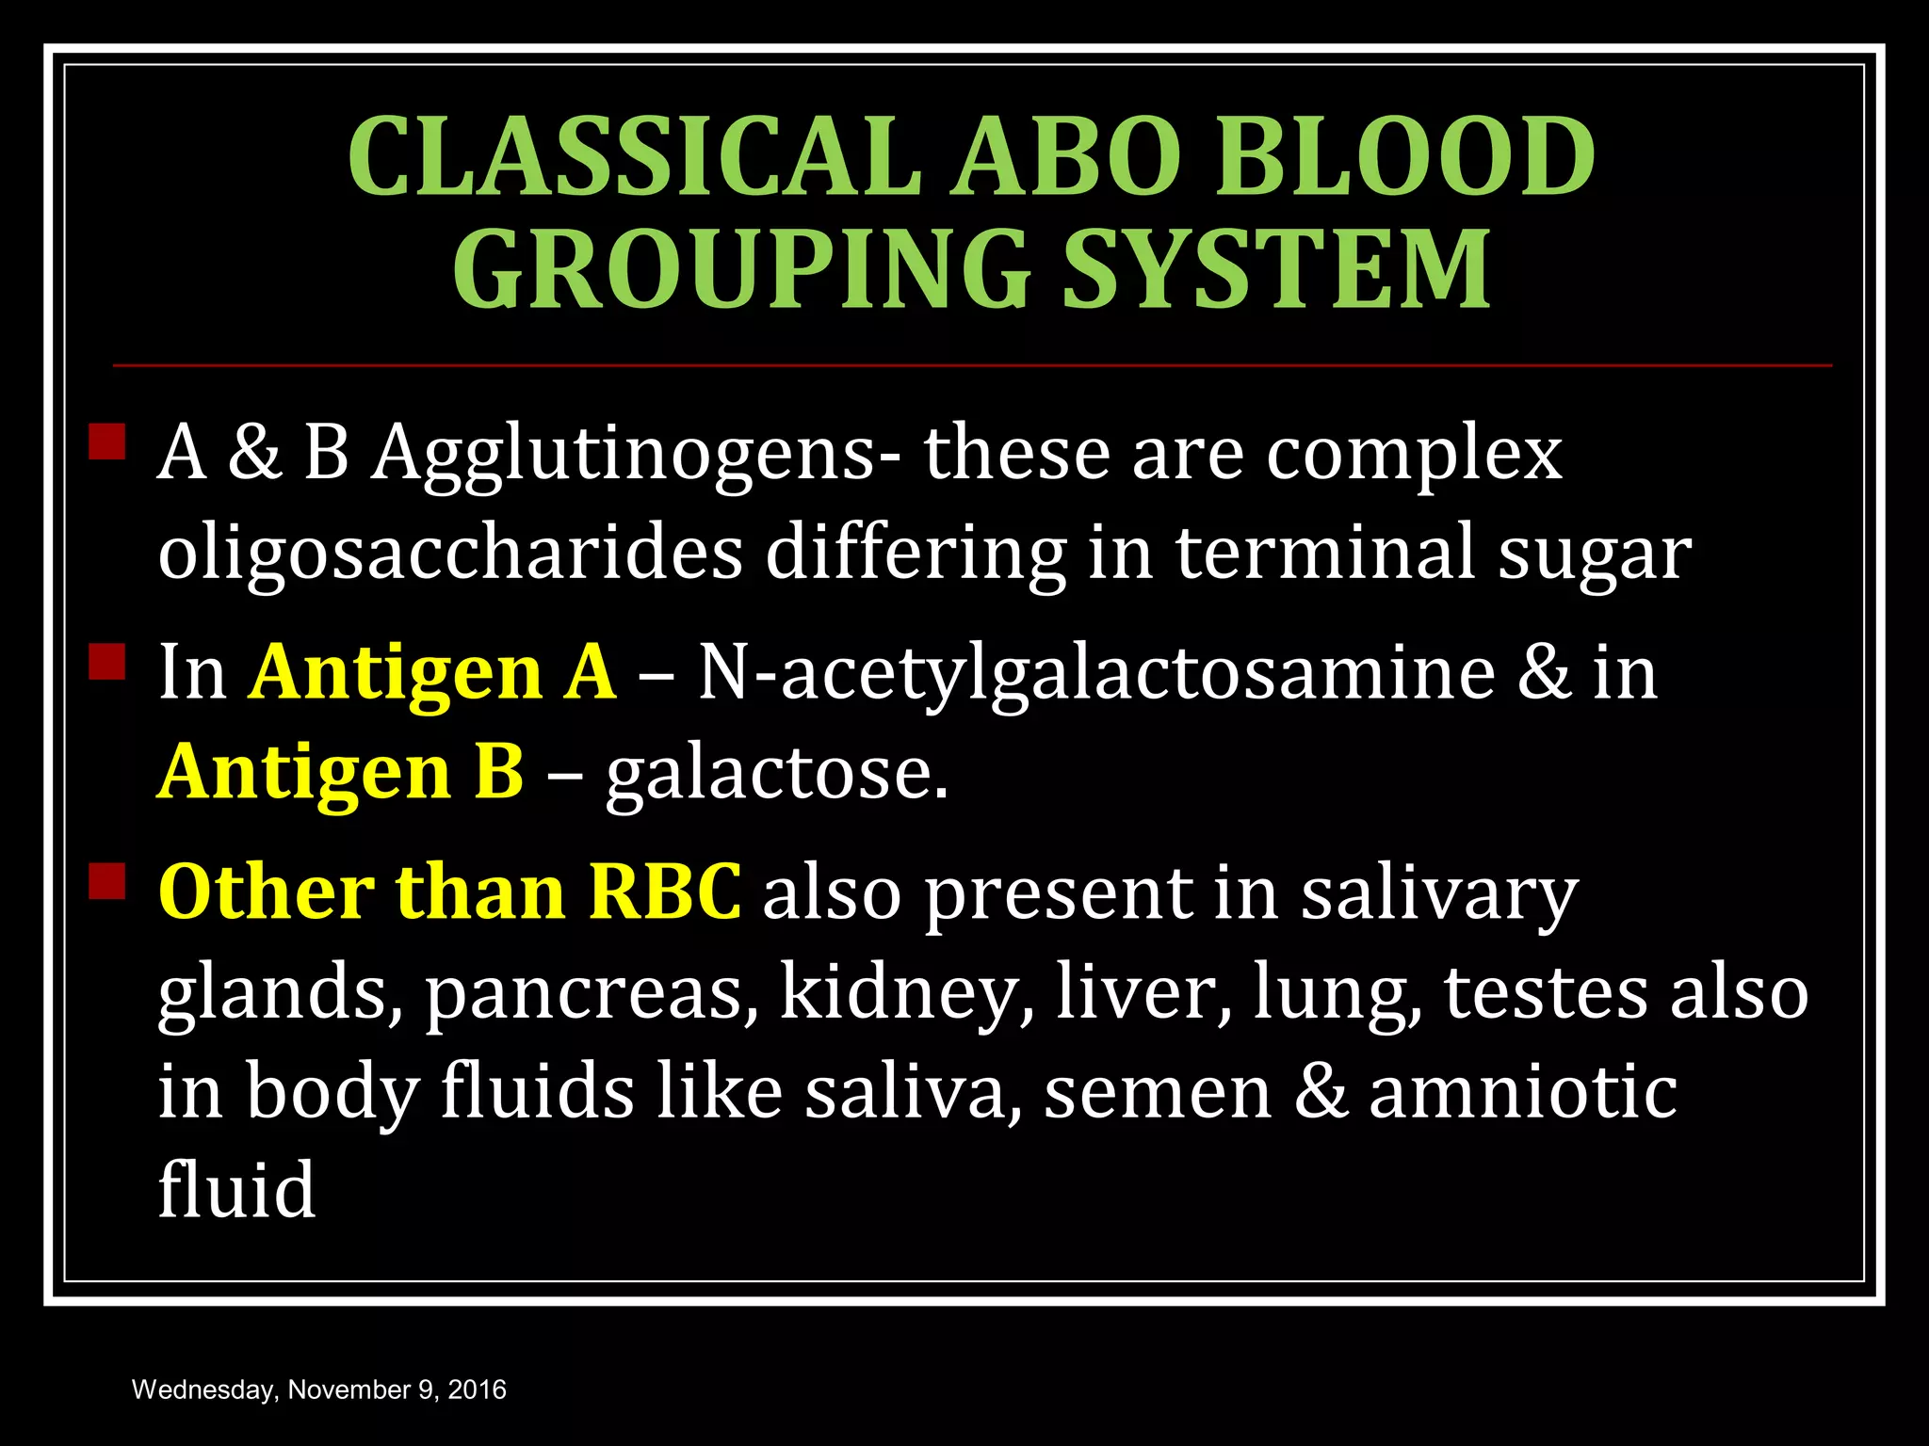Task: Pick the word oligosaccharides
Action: (450, 554)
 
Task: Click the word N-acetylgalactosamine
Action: (1096, 673)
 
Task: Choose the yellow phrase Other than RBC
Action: (450, 892)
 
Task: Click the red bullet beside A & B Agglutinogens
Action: (107, 441)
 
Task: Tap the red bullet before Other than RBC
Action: (107, 881)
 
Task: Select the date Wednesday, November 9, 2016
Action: (319, 1390)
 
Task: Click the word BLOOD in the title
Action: (1404, 157)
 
